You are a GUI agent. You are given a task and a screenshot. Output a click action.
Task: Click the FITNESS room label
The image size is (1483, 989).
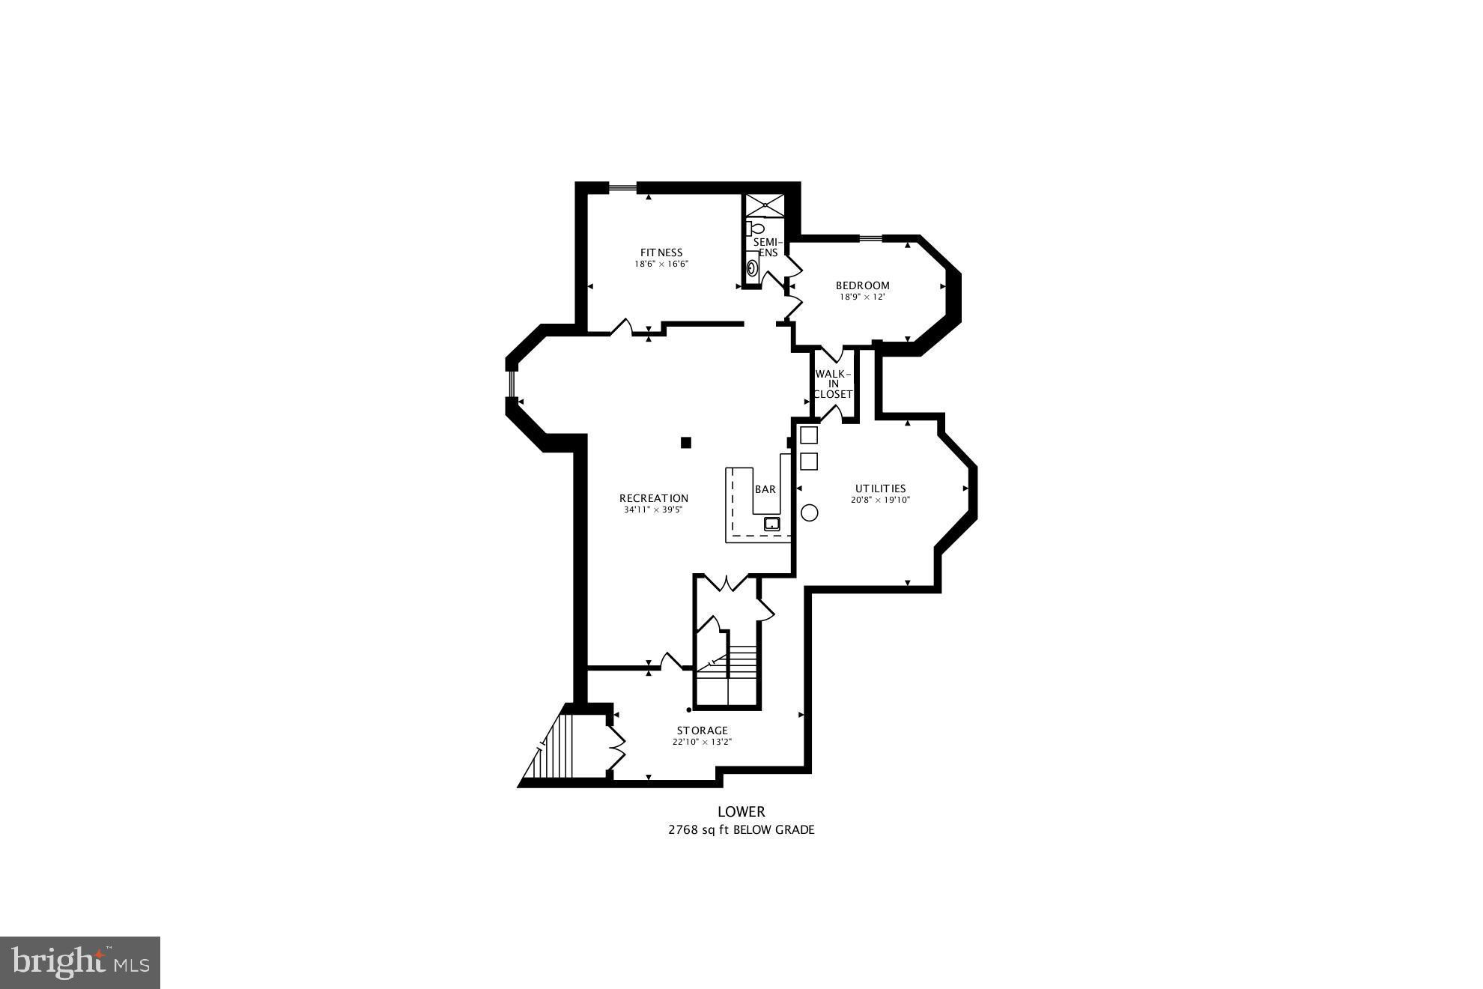(x=661, y=252)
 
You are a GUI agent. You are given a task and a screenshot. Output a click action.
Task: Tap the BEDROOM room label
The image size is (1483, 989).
(x=862, y=285)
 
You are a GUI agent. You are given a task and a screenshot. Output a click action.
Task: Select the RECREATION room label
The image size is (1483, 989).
(x=653, y=498)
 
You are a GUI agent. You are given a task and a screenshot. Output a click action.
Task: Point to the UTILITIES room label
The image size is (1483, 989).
(x=880, y=489)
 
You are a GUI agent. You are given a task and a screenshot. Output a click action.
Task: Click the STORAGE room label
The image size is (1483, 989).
(x=702, y=731)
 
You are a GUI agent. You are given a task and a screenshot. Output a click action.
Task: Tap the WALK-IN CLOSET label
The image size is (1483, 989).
(x=833, y=384)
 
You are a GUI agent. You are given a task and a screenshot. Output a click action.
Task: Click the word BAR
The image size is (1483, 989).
(x=765, y=489)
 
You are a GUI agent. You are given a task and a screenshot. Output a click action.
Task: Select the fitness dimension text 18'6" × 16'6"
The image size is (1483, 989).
(x=661, y=264)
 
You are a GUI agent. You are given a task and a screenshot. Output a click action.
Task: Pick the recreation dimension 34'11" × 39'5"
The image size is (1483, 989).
(x=653, y=510)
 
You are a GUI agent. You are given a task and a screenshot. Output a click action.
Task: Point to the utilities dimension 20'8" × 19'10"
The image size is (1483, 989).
(x=880, y=500)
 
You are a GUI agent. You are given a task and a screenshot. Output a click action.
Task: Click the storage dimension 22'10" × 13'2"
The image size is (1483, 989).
(x=702, y=742)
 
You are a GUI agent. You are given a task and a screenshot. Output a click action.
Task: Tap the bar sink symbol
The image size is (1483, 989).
(x=771, y=524)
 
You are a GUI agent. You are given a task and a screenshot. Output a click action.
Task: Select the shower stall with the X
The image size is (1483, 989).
(x=764, y=205)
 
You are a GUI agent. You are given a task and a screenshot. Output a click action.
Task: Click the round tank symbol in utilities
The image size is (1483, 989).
(x=809, y=512)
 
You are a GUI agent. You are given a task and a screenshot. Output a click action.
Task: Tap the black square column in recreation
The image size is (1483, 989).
(x=685, y=443)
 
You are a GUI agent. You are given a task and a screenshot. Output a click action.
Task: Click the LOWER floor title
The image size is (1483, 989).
(x=741, y=811)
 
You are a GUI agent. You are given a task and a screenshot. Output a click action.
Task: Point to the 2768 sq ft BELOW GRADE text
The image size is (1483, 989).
(x=741, y=829)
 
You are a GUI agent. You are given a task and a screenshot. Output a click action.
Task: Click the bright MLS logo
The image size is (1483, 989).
(x=80, y=962)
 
